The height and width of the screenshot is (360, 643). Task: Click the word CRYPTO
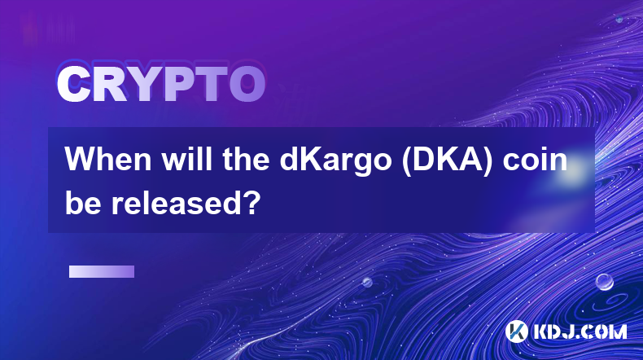pyautogui.click(x=161, y=85)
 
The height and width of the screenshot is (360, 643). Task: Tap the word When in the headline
pyautogui.click(x=109, y=160)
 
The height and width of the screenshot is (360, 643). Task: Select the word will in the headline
pyautogui.click(x=187, y=160)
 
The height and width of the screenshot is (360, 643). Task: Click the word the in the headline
pyautogui.click(x=246, y=160)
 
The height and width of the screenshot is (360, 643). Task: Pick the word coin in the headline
pyautogui.click(x=535, y=160)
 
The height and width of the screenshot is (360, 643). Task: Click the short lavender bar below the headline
pyautogui.click(x=102, y=271)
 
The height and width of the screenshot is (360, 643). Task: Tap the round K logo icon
pyautogui.click(x=516, y=331)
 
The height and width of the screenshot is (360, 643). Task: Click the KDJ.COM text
pyautogui.click(x=580, y=331)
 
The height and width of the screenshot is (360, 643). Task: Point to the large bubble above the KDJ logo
pyautogui.click(x=605, y=282)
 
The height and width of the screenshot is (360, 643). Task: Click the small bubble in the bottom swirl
pyautogui.click(x=367, y=282)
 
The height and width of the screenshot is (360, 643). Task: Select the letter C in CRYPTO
pyautogui.click(x=73, y=85)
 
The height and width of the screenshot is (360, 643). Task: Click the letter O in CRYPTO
pyautogui.click(x=247, y=85)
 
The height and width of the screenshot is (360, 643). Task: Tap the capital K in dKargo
pyautogui.click(x=313, y=160)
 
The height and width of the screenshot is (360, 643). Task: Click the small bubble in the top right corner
pyautogui.click(x=619, y=19)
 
